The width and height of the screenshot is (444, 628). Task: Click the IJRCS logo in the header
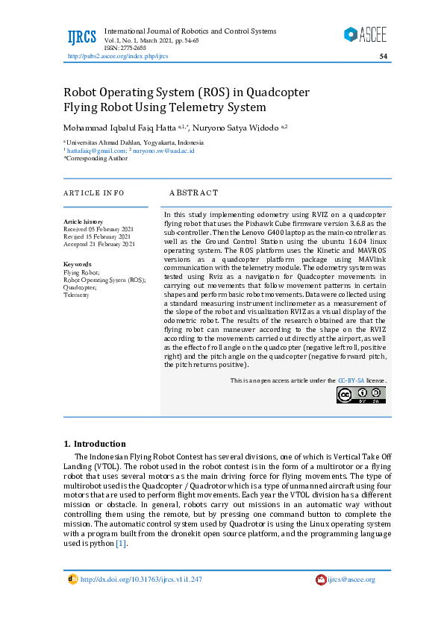click(81, 37)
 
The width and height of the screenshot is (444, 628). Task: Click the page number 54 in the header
click(383, 56)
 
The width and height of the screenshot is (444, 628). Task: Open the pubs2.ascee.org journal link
click(118, 56)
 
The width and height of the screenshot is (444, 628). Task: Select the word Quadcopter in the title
click(267, 92)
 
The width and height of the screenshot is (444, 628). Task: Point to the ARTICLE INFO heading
click(93, 192)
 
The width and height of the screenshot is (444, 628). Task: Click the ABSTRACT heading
click(193, 192)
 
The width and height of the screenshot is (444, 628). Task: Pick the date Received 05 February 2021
click(99, 229)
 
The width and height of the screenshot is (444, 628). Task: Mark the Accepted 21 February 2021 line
click(99, 244)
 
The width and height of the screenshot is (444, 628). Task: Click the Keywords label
click(78, 264)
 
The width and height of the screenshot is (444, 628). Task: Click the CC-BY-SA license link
click(351, 380)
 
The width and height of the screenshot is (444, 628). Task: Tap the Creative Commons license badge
click(361, 395)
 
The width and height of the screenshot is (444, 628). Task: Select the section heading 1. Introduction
click(94, 444)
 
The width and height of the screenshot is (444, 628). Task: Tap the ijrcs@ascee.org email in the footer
click(351, 580)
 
